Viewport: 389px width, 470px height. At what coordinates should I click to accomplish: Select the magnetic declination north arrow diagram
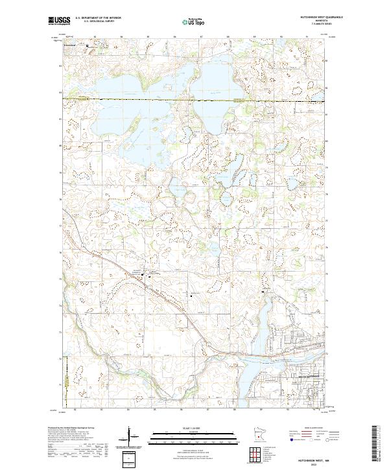click(131, 436)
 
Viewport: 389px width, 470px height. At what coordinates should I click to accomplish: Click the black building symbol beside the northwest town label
click(88, 47)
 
